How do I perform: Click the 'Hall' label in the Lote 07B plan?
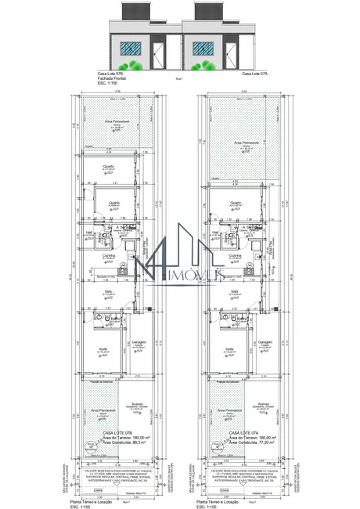pos(90,231)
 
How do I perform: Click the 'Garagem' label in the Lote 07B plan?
pos(139,342)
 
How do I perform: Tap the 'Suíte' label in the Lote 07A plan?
pos(230,348)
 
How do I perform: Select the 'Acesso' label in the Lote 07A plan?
pos(265,406)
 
